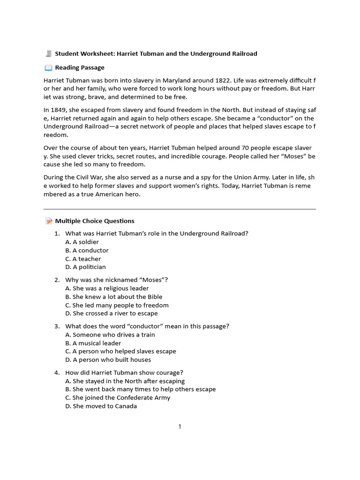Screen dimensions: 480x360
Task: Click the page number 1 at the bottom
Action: (180, 426)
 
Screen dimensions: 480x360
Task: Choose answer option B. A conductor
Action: (87, 250)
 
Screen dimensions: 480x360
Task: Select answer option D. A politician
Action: (85, 267)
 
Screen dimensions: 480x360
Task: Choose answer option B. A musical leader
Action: (93, 343)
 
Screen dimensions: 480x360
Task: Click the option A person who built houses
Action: (108, 360)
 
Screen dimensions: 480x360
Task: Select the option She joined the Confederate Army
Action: (118, 397)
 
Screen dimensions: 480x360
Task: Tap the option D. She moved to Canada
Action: (101, 406)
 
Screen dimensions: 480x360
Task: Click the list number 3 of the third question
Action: (57, 326)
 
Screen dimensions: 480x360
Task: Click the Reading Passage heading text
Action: (80, 67)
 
